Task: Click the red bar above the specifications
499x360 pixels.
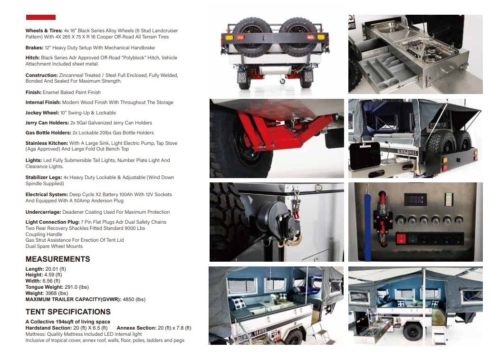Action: pos(40,18)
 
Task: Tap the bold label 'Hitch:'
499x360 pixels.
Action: pos(32,58)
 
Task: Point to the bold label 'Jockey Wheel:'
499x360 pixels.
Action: pos(43,113)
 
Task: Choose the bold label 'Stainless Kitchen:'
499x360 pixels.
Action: pos(47,143)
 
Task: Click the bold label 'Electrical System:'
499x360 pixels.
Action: pos(46,195)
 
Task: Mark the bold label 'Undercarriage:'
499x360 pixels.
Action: pos(43,212)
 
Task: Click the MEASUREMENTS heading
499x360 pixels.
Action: pos(58,259)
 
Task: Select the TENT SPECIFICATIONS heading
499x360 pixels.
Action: pos(68,312)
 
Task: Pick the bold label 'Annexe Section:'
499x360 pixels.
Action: pos(136,328)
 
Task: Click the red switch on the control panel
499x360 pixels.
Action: pos(402,238)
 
